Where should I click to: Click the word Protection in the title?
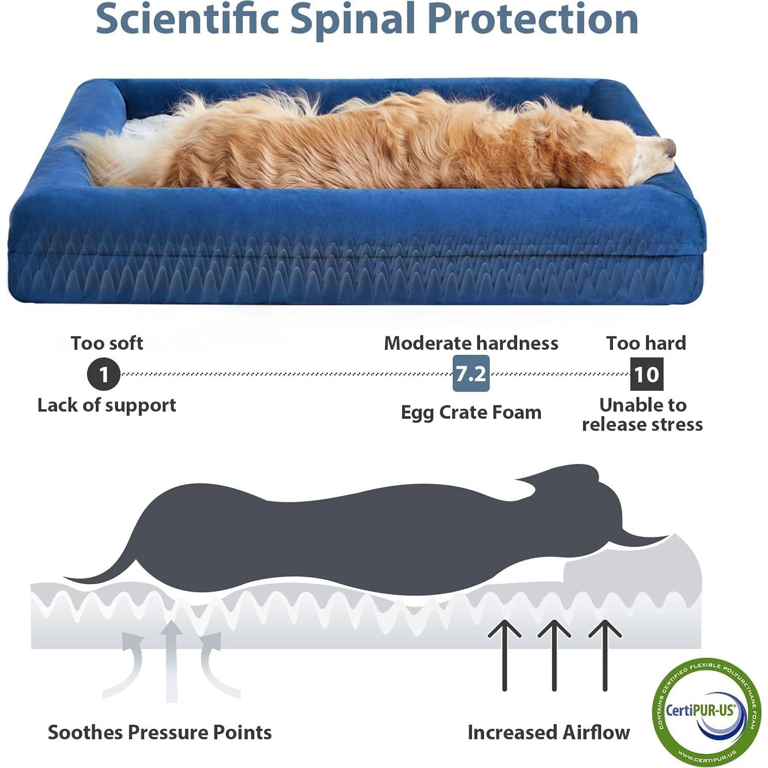[x=533, y=20]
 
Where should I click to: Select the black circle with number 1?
[x=104, y=374]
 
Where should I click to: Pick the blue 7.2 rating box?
[x=471, y=373]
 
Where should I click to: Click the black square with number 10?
[x=646, y=374]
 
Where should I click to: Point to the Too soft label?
[x=107, y=343]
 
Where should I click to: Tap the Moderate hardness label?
[x=471, y=343]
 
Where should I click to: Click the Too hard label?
[x=646, y=343]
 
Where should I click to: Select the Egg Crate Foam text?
[x=471, y=413]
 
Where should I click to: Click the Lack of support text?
[x=107, y=405]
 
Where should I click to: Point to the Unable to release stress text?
[x=642, y=415]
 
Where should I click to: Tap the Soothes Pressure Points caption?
[x=160, y=732]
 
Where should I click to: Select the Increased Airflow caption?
[x=549, y=732]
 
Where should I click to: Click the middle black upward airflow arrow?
[x=554, y=654]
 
